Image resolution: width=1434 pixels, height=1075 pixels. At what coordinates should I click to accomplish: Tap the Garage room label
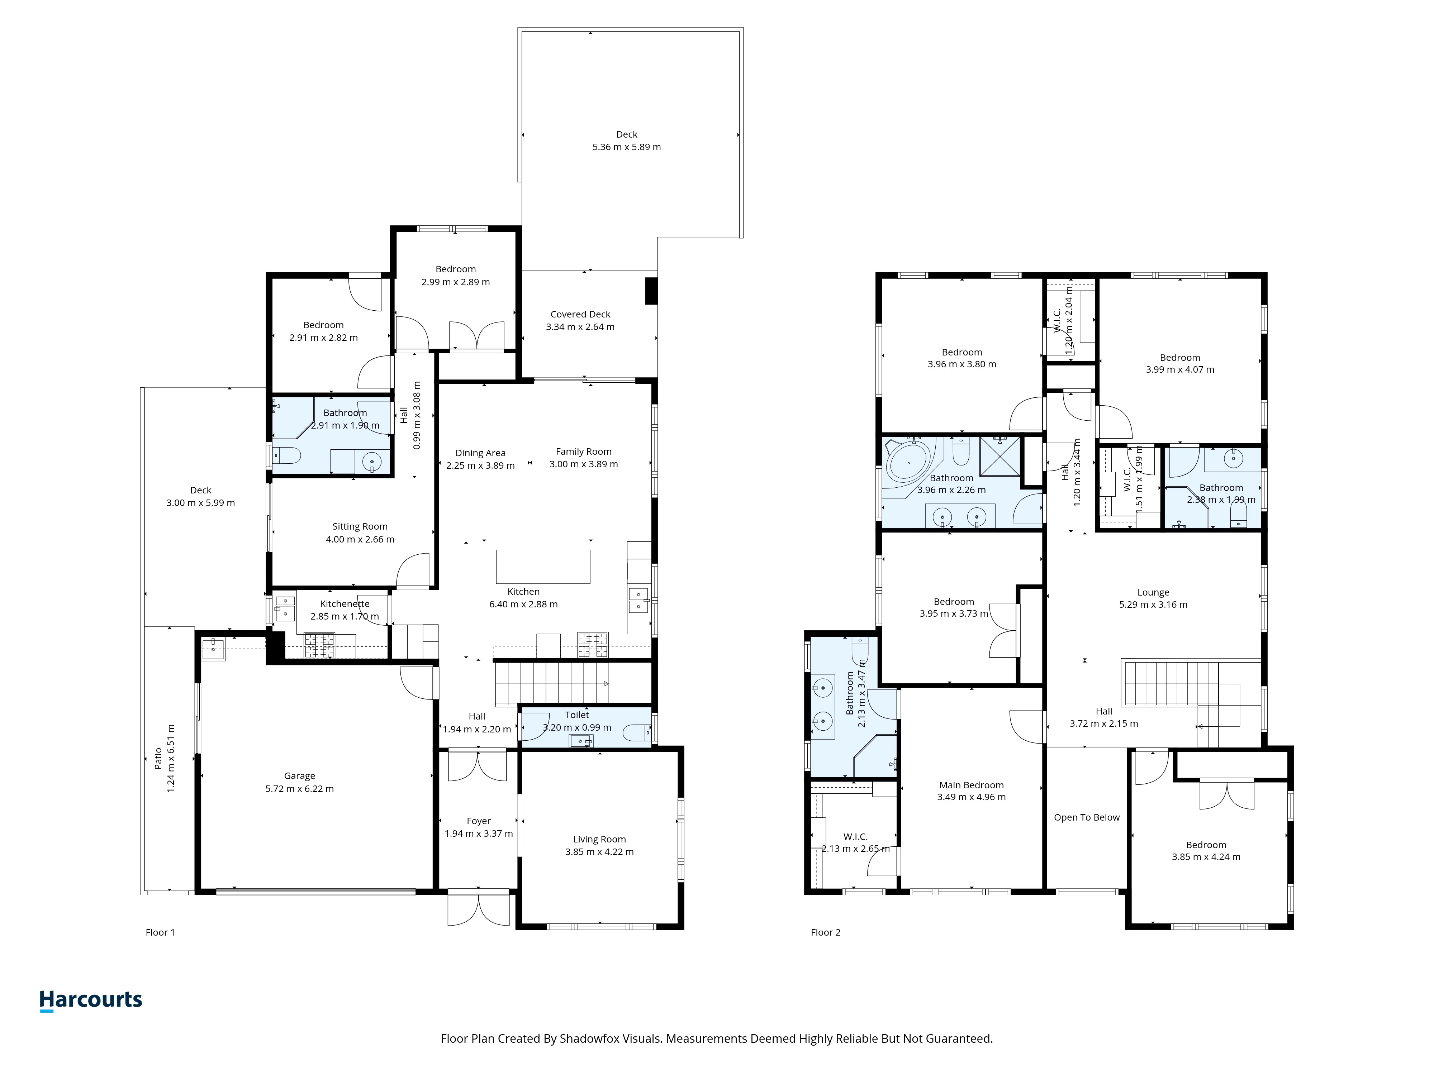click(x=299, y=776)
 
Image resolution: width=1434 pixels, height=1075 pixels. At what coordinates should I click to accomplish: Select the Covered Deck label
click(x=580, y=314)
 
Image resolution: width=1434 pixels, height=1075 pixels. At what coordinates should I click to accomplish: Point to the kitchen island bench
click(x=543, y=566)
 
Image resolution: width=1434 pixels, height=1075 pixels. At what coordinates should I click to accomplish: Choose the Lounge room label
click(x=1153, y=592)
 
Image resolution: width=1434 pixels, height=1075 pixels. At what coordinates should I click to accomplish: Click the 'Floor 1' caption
click(x=160, y=932)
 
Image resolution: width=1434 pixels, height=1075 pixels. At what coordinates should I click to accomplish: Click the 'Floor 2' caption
click(x=825, y=932)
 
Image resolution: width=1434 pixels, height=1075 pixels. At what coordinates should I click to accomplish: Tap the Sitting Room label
click(x=360, y=527)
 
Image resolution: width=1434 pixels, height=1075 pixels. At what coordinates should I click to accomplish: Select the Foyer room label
click(x=479, y=821)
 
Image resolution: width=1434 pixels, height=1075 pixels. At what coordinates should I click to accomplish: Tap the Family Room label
click(x=583, y=451)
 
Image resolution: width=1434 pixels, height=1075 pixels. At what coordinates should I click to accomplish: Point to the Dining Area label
click(x=480, y=453)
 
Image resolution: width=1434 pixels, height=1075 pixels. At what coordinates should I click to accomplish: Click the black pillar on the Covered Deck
click(x=651, y=291)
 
